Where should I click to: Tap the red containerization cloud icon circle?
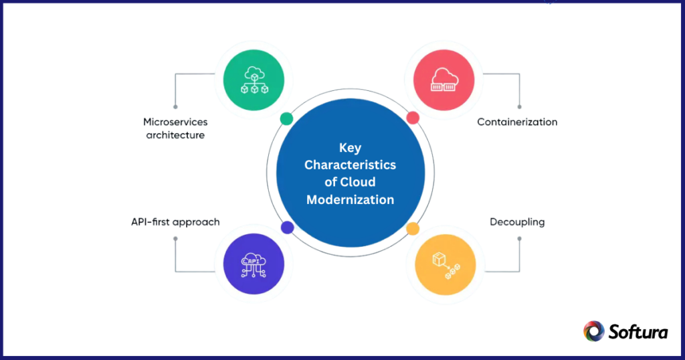pos(444,81)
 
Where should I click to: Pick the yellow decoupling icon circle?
pos(445,264)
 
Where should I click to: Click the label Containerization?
pos(516,122)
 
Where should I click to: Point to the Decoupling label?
pos(516,221)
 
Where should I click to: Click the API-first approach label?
pos(176,221)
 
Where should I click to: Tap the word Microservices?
pos(175,122)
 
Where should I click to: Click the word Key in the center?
pos(350,148)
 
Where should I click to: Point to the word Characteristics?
pos(350,165)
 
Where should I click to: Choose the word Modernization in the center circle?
pos(350,199)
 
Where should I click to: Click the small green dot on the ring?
pos(286,118)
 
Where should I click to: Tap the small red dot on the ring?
pos(413,118)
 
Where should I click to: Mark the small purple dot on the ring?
pos(288,228)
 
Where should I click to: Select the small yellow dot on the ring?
pos(413,228)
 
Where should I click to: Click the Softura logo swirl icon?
pos(593,331)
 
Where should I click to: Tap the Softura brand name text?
pos(638,331)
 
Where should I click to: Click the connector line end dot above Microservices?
pos(175,106)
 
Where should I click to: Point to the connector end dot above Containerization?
pos(519,106)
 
